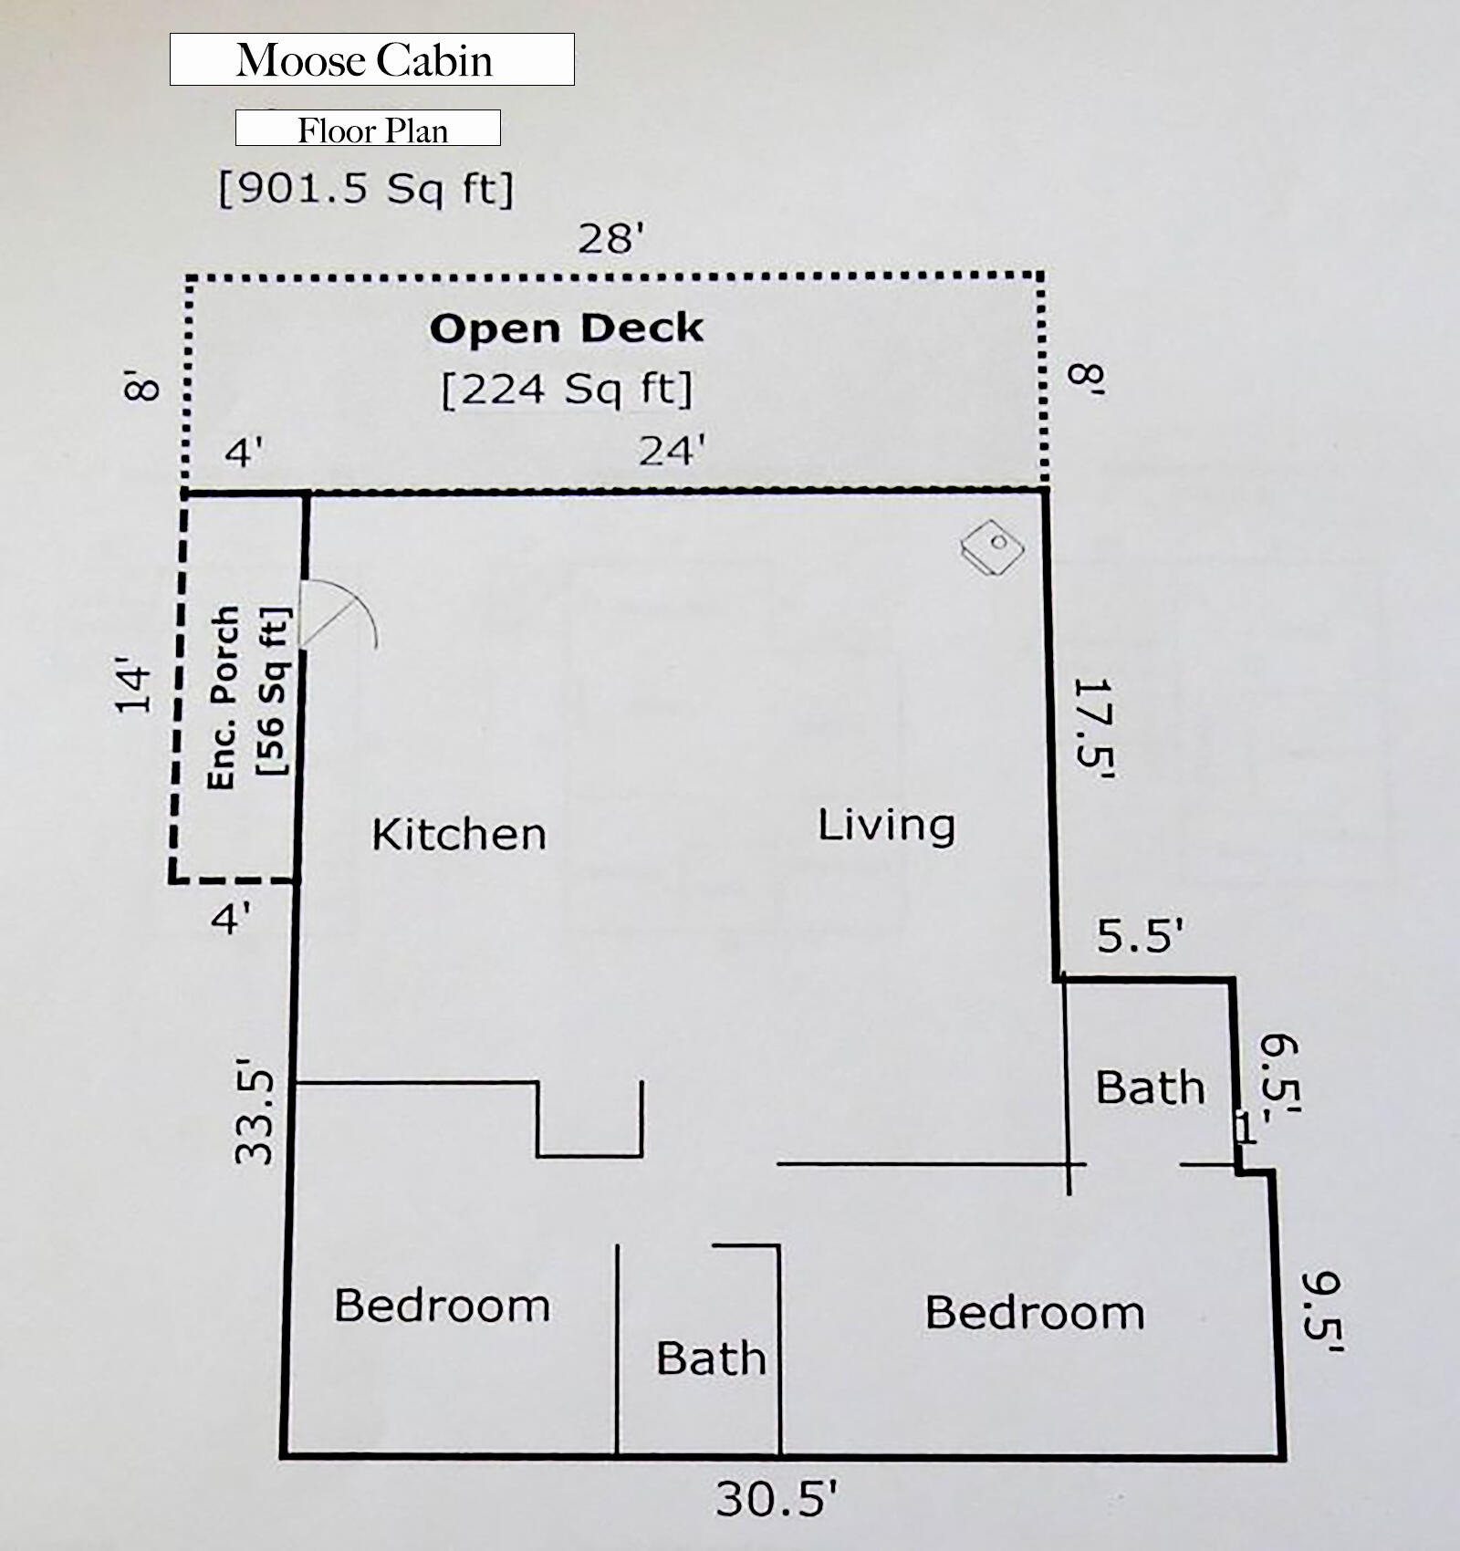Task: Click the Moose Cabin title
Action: (365, 60)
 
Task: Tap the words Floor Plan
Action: (372, 130)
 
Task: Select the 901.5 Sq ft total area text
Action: (366, 189)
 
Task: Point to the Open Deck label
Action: (566, 328)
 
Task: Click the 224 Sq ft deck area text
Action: (567, 390)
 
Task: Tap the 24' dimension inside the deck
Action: (672, 451)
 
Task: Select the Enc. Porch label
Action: (223, 698)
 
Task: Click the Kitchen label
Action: (459, 835)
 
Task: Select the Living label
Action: (886, 826)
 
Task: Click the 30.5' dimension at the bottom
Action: (776, 1499)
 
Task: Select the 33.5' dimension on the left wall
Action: (255, 1112)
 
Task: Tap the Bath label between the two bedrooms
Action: (711, 1358)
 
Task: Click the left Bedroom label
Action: (442, 1306)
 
